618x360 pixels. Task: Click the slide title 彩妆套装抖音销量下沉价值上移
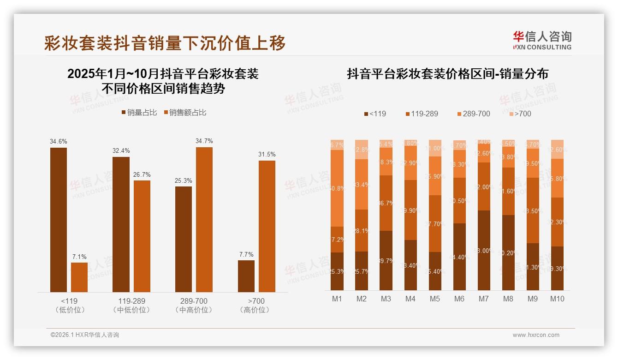(x=165, y=43)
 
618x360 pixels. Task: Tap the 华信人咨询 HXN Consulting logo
(x=542, y=40)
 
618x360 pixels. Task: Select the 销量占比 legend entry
(x=139, y=113)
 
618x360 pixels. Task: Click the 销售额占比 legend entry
(x=185, y=113)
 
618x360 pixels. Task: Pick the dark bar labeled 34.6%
(x=59, y=220)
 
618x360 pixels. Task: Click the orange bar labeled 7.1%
(x=79, y=277)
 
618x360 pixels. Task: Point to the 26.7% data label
(x=142, y=174)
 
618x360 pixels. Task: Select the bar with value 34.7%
(x=204, y=220)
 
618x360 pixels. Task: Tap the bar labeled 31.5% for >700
(x=267, y=226)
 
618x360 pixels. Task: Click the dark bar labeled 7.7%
(x=246, y=276)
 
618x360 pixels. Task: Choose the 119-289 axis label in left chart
(x=131, y=301)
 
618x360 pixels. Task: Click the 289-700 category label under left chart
(x=194, y=301)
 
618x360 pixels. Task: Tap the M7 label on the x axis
(x=483, y=299)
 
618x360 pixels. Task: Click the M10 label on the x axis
(x=557, y=299)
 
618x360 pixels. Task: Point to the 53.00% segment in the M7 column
(x=484, y=250)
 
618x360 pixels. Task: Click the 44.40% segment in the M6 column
(x=459, y=257)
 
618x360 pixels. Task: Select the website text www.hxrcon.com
(x=536, y=335)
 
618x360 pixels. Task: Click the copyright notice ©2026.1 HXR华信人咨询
(x=85, y=335)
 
